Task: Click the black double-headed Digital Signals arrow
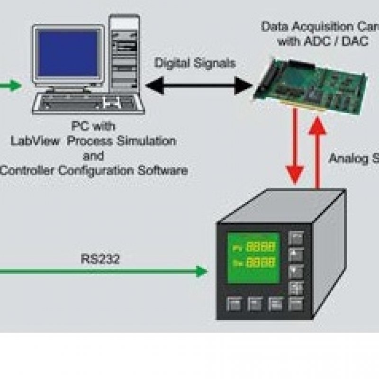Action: pyautogui.click(x=199, y=86)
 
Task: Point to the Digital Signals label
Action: pyautogui.click(x=195, y=63)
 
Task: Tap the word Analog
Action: pyautogui.click(x=348, y=158)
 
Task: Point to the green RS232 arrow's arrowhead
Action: pyautogui.click(x=202, y=271)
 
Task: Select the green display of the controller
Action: pyautogui.click(x=253, y=257)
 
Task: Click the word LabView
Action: pyautogui.click(x=37, y=141)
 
